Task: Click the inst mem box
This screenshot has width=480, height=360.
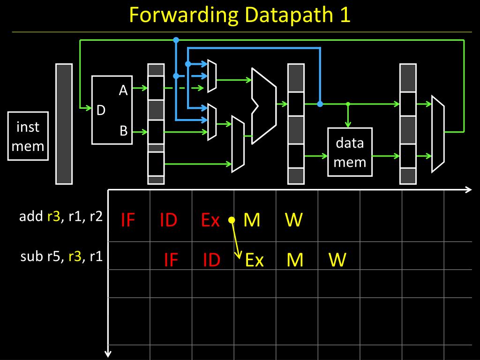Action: click(x=28, y=136)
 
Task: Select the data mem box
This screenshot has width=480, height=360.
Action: click(x=350, y=152)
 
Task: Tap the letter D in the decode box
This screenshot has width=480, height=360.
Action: click(x=101, y=110)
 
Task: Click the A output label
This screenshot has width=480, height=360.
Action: click(x=123, y=90)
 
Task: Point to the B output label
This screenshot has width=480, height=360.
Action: click(x=123, y=131)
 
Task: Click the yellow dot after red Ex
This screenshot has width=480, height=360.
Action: click(x=231, y=220)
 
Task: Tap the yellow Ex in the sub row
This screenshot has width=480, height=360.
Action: click(x=255, y=260)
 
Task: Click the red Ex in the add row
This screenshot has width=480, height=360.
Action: click(x=210, y=220)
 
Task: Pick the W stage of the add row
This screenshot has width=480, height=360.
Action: click(x=293, y=220)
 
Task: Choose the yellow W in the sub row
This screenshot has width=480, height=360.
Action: click(x=337, y=260)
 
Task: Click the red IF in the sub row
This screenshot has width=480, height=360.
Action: click(x=171, y=260)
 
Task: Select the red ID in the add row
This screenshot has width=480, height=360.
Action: click(x=168, y=220)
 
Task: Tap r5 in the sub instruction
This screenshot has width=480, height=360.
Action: click(x=53, y=256)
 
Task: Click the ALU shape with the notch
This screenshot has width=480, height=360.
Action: click(x=264, y=106)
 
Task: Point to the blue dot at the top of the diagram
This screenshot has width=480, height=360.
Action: click(x=176, y=40)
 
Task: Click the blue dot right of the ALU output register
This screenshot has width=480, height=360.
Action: click(x=320, y=104)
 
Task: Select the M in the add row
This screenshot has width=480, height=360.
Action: click(x=252, y=220)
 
